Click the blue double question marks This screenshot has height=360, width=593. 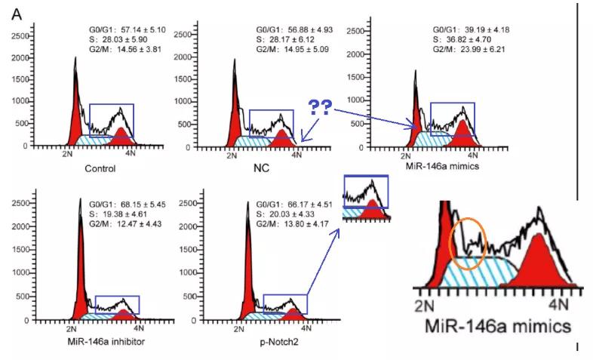point(322,107)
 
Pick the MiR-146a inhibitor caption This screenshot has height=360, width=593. point(95,343)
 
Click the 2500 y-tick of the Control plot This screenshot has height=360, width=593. point(20,34)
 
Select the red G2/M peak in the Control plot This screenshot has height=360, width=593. point(121,137)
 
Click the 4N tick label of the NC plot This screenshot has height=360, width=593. point(296,155)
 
